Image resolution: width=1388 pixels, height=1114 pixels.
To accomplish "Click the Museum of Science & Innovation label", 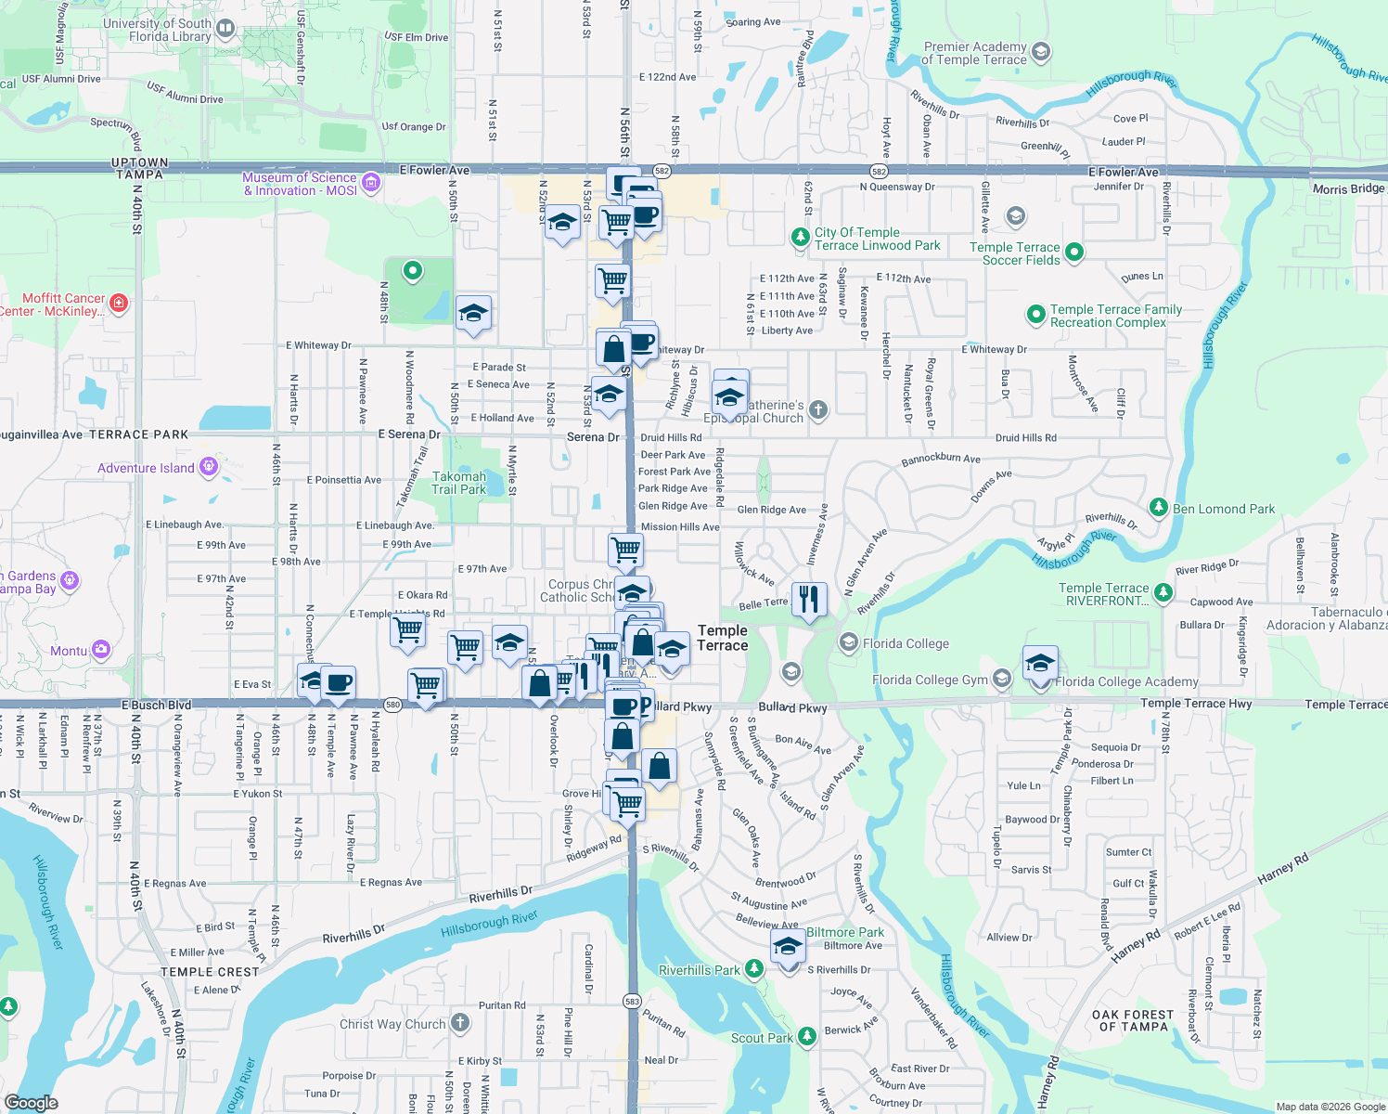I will [300, 184].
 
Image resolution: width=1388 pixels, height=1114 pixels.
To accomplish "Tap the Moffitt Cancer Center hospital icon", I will [119, 303].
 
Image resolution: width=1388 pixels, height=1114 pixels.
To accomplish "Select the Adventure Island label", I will [146, 468].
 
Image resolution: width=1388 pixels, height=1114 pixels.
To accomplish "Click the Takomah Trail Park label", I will [458, 483].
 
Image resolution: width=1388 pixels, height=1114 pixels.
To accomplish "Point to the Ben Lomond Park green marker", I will [1158, 507].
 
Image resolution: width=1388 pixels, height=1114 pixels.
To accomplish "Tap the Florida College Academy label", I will [1126, 682].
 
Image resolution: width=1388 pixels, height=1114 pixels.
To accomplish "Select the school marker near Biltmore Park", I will [788, 947].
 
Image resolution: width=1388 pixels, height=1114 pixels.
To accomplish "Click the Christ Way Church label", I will [392, 1024].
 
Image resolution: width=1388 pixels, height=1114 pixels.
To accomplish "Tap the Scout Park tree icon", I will [806, 1035].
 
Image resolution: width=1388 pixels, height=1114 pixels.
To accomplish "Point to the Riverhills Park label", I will [700, 970].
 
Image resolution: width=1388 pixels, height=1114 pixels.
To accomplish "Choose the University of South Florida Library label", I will [157, 30].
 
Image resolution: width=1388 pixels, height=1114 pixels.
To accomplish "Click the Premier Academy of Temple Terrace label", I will [974, 53].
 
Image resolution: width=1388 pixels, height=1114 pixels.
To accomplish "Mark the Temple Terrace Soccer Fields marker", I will [1074, 252].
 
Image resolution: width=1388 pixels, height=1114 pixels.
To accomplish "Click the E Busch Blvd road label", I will [156, 705].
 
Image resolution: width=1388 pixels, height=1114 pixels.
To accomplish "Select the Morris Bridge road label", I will [1348, 189].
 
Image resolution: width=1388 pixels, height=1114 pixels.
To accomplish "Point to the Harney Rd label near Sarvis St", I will [1282, 870].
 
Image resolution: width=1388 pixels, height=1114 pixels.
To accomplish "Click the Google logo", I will [32, 1102].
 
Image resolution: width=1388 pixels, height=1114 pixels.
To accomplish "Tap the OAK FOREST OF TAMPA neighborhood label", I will [1132, 1020].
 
